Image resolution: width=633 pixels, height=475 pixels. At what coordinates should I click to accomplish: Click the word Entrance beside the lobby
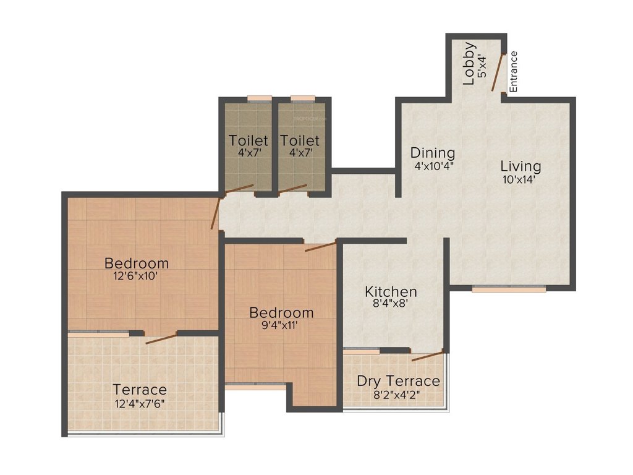pos(514,72)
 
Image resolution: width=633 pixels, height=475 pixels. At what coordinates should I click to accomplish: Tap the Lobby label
pos(470,62)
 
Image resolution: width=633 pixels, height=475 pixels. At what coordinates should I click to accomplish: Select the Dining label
pos(433,153)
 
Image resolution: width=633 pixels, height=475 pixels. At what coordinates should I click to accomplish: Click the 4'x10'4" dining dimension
pos(434,166)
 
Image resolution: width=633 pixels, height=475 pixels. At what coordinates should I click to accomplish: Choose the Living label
pos(520,166)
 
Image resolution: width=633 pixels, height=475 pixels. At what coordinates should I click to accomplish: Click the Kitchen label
pos(391,291)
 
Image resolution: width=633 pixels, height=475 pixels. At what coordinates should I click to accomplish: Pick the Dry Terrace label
pos(399,381)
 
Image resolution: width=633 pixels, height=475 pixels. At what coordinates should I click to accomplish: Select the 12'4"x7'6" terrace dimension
pos(139,403)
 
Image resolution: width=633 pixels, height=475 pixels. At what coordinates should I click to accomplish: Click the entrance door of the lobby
pos(498,72)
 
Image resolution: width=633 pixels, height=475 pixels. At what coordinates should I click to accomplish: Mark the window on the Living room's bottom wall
pos(509,288)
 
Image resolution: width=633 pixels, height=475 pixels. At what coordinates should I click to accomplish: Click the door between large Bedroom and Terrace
pos(161,338)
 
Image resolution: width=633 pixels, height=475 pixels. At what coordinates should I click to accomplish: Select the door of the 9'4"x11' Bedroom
pos(320,247)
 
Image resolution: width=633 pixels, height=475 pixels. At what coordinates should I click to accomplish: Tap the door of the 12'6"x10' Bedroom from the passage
pos(215,214)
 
